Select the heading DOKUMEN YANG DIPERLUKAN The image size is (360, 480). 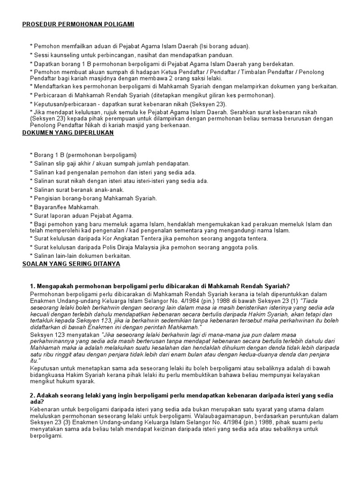68,133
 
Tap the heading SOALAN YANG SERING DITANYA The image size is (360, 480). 71,264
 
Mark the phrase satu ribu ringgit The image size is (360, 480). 49,355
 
